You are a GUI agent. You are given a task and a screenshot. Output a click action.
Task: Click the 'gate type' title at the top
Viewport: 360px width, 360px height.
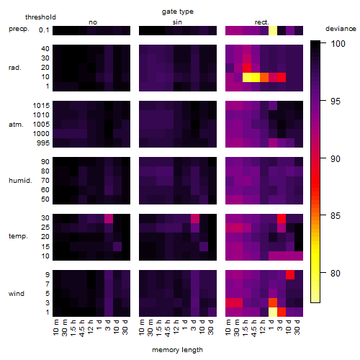tap(178, 12)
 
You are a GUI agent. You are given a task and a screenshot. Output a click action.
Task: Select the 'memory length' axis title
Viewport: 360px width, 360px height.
tap(177, 350)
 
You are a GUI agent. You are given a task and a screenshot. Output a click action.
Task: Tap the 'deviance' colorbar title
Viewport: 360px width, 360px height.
tap(341, 29)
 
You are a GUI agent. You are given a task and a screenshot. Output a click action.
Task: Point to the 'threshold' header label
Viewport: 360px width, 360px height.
tap(40, 17)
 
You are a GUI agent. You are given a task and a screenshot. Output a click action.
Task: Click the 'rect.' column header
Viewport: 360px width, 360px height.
tap(261, 22)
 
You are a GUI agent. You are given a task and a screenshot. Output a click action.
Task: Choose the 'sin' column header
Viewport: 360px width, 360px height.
tap(177, 22)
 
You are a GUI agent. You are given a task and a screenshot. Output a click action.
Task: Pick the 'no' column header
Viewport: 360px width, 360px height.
tap(93, 22)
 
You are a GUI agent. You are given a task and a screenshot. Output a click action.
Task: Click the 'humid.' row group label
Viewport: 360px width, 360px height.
tap(20, 181)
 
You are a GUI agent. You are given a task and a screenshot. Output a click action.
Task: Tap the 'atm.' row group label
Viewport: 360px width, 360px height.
tap(16, 125)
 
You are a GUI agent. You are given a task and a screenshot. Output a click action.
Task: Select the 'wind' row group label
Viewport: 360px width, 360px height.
tap(17, 294)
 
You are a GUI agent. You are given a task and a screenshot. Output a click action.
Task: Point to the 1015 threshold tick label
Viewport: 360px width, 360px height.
tap(41, 106)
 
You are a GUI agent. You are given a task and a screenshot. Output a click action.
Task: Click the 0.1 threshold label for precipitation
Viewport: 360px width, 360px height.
tap(44, 30)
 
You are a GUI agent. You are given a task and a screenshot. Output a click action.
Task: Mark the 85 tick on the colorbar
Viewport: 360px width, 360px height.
tap(336, 216)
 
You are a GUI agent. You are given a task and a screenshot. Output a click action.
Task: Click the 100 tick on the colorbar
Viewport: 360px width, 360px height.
tap(338, 43)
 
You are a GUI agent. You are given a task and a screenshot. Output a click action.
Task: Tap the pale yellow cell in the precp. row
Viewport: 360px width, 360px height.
tap(273, 30)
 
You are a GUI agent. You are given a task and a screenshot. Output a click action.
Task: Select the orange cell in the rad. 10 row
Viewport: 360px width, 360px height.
tap(264, 77)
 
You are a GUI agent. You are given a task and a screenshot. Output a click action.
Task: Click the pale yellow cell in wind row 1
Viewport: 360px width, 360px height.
tap(273, 312)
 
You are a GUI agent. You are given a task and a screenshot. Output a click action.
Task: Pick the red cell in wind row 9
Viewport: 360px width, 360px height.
tap(290, 274)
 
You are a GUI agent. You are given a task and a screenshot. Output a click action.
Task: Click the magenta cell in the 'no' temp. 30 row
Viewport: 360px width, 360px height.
tap(109, 218)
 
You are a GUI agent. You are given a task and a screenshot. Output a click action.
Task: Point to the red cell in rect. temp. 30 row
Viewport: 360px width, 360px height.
tap(282, 218)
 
